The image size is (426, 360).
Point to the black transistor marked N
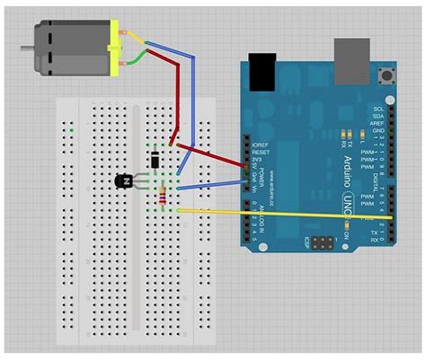(124, 181)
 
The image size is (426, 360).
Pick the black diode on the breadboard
(155, 161)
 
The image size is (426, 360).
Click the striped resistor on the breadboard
(162, 197)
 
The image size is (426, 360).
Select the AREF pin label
(378, 127)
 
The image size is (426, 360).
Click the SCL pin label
(378, 108)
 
